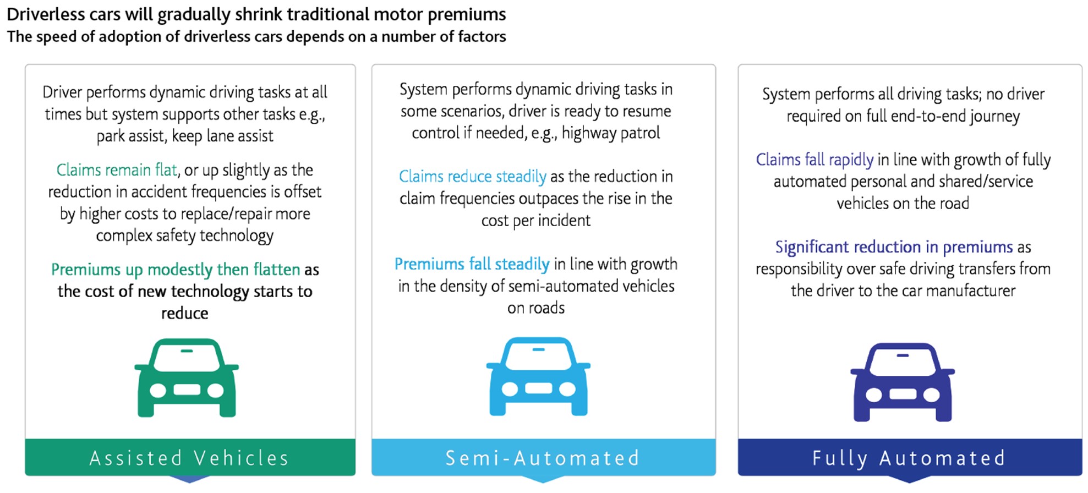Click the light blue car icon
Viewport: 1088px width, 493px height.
point(538,376)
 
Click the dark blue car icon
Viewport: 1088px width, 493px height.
point(903,382)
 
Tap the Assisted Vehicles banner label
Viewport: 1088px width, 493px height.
point(189,458)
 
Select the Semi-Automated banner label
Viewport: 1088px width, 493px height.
point(543,458)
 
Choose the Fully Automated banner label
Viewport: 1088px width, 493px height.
point(909,458)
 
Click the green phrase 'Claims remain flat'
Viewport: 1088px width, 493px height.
point(117,170)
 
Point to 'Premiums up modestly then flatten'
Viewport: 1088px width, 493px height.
point(176,270)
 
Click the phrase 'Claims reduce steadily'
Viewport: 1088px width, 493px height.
point(473,177)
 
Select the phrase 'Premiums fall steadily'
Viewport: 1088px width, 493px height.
point(472,264)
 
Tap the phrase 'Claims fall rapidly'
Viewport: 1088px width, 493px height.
point(814,160)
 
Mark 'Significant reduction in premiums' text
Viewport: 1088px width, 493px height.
point(894,247)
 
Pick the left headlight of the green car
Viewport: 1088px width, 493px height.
point(158,391)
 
